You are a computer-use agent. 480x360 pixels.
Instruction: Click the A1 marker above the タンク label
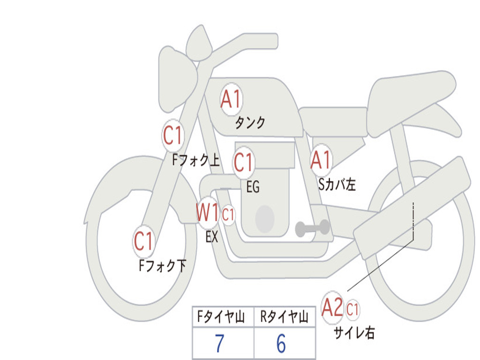pos(231,99)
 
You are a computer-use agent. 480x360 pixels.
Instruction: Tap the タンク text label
pos(250,122)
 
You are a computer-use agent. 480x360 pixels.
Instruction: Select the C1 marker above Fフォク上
pos(173,135)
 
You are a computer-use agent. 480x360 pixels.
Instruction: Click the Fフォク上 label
pos(196,160)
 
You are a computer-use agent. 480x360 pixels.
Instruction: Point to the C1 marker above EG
pos(244,162)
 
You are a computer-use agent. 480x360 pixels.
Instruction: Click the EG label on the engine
pos(253,187)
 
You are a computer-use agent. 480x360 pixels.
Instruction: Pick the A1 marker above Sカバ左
pos(321,160)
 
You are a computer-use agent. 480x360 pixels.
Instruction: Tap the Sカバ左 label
pos(337,184)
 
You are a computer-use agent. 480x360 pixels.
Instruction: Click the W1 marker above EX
pos(208,212)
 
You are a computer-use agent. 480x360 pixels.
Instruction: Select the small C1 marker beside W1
pos(228,215)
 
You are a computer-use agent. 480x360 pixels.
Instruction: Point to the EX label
pos(212,237)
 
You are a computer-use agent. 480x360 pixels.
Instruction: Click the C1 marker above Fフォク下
pos(143,241)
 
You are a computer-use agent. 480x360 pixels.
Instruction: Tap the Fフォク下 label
pos(163,265)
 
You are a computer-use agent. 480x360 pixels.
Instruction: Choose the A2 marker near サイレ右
pos(332,307)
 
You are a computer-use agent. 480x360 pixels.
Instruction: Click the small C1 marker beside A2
pos(352,309)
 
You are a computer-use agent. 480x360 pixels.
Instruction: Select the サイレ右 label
pos(354,333)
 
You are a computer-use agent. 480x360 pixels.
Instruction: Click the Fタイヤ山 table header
pos(221,316)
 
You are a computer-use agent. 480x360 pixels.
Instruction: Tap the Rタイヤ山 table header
pos(285,316)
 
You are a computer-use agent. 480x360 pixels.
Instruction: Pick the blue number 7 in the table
pos(219,344)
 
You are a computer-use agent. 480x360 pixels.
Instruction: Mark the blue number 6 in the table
pos(281,344)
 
